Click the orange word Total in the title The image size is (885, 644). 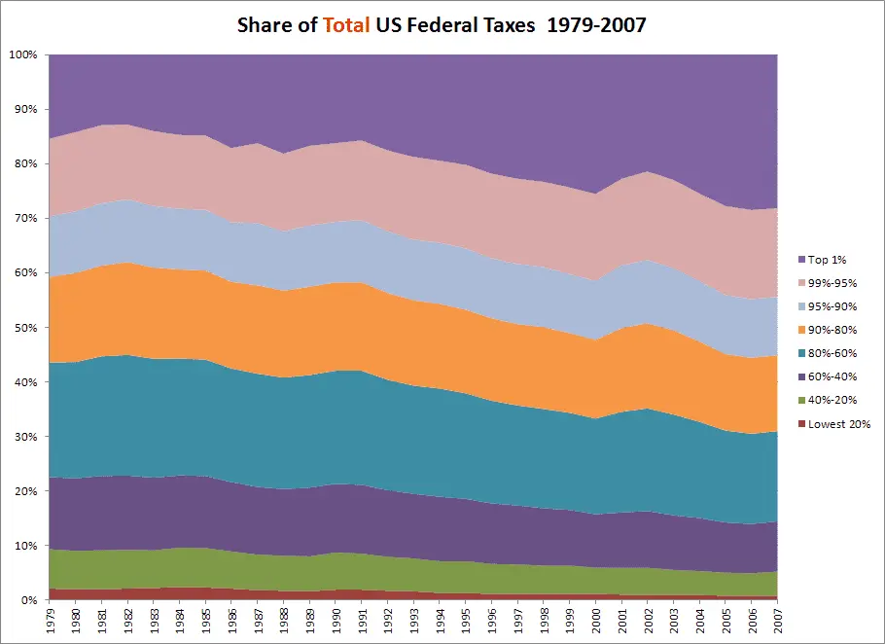(343, 24)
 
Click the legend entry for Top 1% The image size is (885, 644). (828, 260)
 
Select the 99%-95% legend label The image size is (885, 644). (832, 283)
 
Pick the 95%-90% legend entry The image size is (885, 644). (832, 306)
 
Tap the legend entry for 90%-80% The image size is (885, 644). (832, 330)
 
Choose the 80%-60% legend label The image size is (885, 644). (832, 353)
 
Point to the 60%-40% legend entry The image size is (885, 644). (832, 376)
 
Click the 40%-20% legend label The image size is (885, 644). (832, 400)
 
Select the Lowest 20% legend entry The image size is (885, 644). (837, 423)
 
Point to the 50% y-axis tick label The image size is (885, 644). (25, 328)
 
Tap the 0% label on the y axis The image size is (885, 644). (28, 601)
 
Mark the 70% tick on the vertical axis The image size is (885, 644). (25, 219)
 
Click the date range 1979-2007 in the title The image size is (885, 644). (596, 24)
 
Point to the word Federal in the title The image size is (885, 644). (449, 24)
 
